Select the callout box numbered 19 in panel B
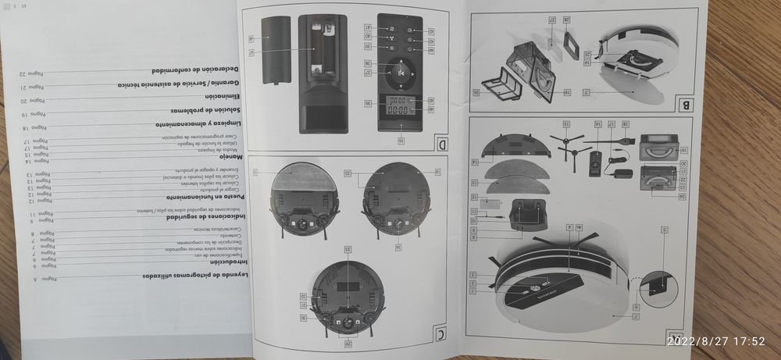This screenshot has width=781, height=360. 587,62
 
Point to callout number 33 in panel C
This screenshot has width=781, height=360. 348,249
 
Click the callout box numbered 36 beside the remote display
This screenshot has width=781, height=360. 367,103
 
